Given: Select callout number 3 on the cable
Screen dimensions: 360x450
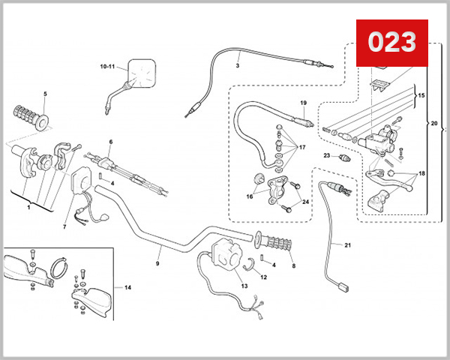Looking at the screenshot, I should click(x=237, y=65).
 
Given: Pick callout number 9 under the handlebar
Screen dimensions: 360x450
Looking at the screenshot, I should click(x=157, y=263).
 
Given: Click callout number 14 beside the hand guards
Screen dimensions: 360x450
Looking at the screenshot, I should click(x=127, y=287).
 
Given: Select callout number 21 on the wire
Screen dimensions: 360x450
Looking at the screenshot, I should click(x=347, y=244).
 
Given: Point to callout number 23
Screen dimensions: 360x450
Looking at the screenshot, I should click(x=326, y=155).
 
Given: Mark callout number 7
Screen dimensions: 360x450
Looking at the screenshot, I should click(x=64, y=226).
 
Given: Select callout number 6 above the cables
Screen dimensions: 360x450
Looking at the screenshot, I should click(x=110, y=141).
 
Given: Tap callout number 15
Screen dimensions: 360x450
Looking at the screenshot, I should click(x=421, y=96).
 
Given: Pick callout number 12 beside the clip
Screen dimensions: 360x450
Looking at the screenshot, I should click(x=263, y=277).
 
